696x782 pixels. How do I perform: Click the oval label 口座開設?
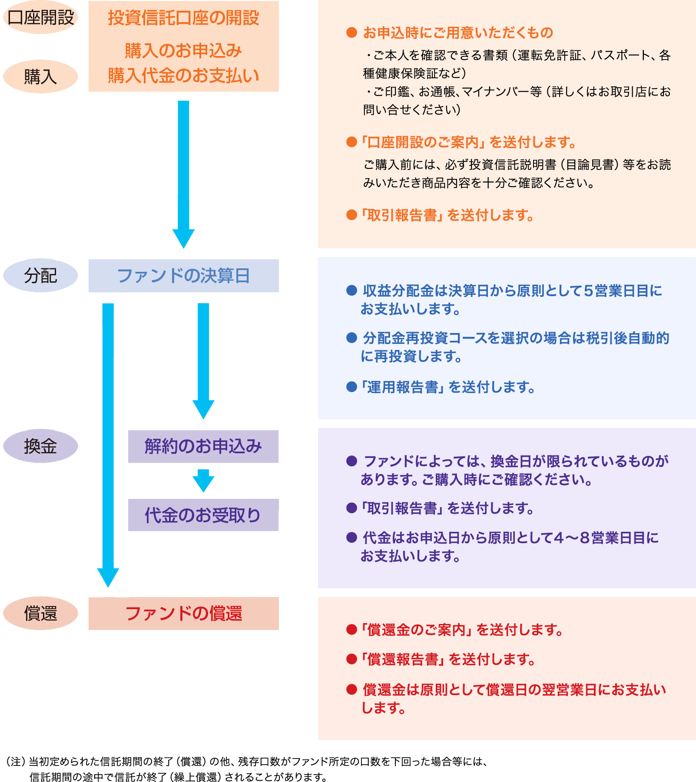point(40,17)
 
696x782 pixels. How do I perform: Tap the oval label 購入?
point(40,76)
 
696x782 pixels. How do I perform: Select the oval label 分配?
point(40,275)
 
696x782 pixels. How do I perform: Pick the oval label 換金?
point(40,446)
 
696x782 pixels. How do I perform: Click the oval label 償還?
point(40,613)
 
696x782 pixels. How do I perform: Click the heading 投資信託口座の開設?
point(183,18)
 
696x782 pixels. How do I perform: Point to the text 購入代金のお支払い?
point(183,75)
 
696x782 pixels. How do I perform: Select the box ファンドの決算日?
point(183,276)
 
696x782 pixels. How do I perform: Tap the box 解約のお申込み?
point(203,446)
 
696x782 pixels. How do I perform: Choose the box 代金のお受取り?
point(203,515)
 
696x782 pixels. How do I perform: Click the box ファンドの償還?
point(183,613)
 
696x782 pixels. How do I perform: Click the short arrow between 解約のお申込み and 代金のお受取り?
point(203,480)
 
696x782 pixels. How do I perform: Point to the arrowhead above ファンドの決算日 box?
point(183,238)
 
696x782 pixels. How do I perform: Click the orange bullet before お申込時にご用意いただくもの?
point(351,33)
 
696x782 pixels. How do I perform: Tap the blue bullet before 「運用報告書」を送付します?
point(351,386)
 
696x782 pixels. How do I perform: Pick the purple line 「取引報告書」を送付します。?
point(447,508)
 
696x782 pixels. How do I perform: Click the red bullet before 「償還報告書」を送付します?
point(351,659)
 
